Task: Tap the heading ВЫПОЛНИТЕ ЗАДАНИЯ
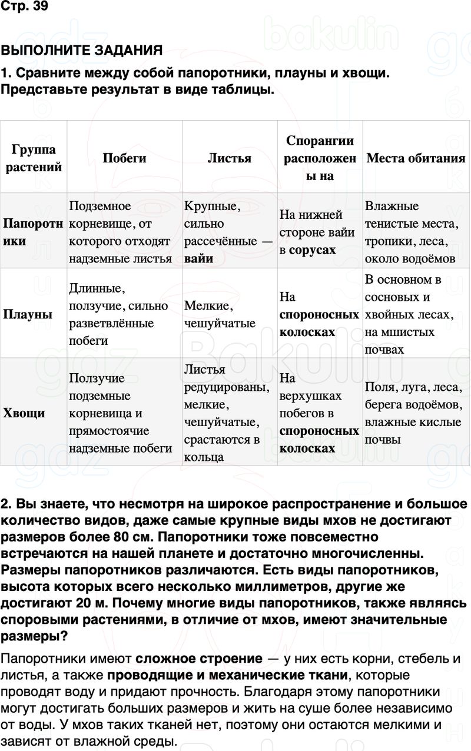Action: click(81, 51)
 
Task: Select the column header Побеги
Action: click(124, 158)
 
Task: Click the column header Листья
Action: click(230, 158)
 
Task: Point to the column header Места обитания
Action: click(416, 158)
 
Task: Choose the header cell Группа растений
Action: click(33, 158)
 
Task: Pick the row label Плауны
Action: click(28, 314)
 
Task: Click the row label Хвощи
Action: click(24, 413)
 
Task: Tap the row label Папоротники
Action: click(33, 232)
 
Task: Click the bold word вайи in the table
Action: click(199, 258)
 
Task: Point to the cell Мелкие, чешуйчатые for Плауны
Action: click(220, 314)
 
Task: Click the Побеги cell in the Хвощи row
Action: click(120, 413)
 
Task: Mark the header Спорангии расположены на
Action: click(320, 158)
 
